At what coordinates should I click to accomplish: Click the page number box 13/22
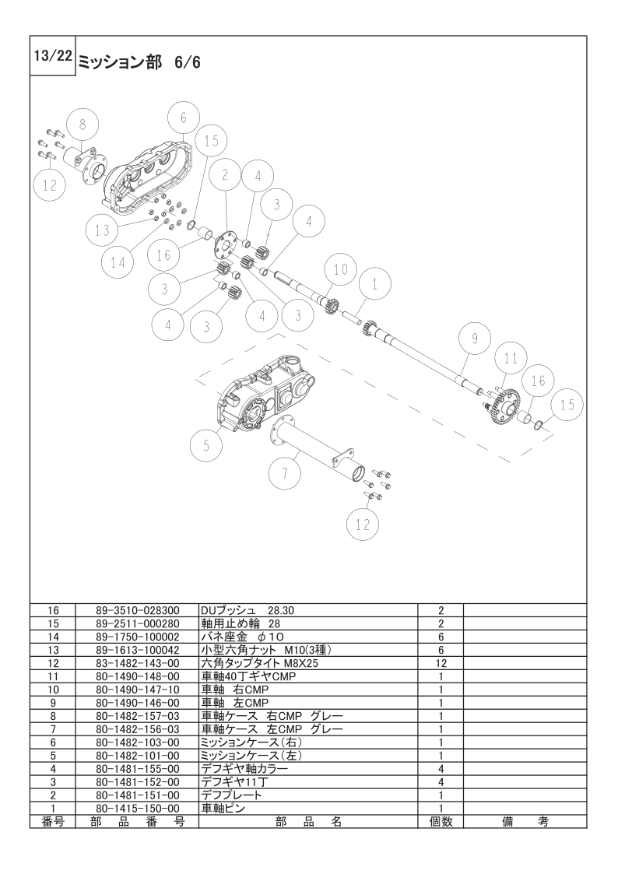pos(51,57)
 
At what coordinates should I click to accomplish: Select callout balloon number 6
pos(184,118)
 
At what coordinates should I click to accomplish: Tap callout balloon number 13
pos(103,230)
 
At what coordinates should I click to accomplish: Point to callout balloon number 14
pos(117,262)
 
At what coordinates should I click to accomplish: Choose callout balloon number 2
pos(224,176)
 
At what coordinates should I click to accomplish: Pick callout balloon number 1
pos(375,285)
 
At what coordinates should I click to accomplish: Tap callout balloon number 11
pos(510,359)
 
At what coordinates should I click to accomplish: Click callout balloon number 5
pos(206,445)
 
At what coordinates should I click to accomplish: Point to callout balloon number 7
pos(285,472)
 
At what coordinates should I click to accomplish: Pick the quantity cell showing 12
pos(441,664)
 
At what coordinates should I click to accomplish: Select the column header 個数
pos(441,822)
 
